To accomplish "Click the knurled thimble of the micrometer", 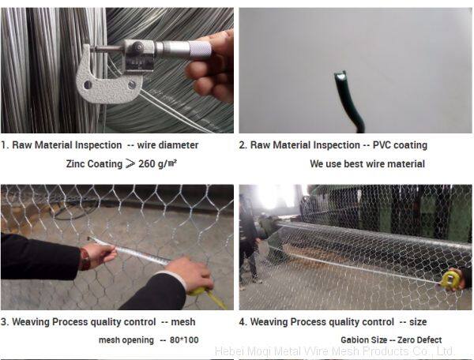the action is coord(200,49).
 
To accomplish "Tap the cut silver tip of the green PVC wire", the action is coord(340,77).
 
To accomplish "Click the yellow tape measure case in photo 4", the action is coord(451,280).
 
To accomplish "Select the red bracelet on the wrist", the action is coord(85,259).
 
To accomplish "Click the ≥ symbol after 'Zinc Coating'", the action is coord(130,163).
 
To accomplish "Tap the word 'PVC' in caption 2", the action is coord(382,145).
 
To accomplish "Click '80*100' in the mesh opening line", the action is coord(184,340).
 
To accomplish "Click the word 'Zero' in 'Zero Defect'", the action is coord(407,340).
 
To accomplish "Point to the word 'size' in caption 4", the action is coord(418,322).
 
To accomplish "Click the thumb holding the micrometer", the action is coord(200,69).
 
